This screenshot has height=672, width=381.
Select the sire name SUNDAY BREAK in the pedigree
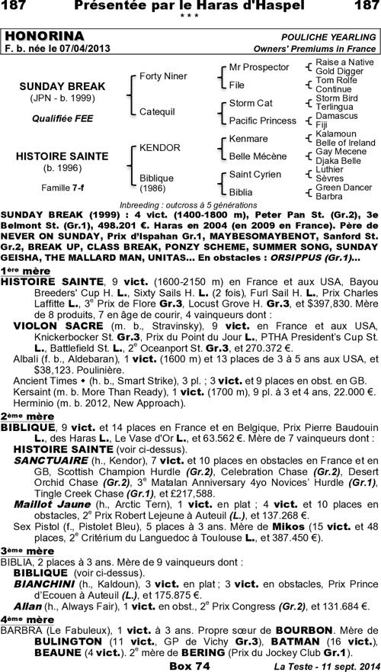(62, 86)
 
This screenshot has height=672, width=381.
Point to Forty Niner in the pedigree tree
(163, 76)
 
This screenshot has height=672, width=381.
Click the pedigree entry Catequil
(158, 111)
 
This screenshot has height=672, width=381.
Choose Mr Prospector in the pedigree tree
(259, 67)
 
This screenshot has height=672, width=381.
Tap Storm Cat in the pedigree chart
(251, 102)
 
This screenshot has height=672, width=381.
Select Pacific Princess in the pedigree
(262, 121)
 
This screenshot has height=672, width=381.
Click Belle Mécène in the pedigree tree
(258, 156)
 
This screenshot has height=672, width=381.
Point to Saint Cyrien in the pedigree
(255, 175)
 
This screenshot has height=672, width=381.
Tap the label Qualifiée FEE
(62, 119)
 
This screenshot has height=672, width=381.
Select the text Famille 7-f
(62, 187)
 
